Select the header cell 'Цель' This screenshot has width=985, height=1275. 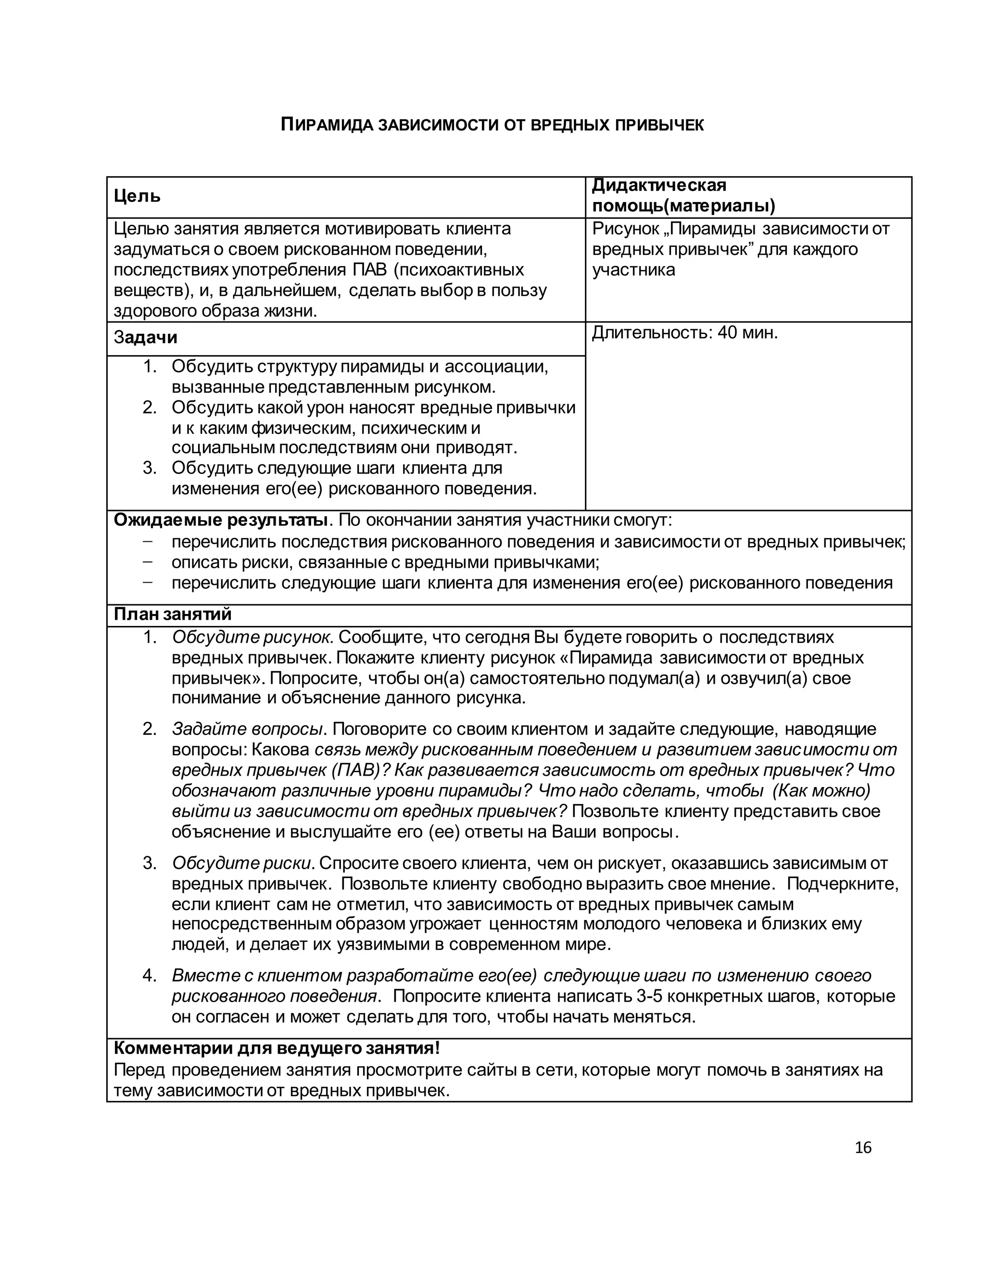point(137,196)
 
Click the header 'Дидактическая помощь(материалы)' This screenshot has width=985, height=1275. point(683,195)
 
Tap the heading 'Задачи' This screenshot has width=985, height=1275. point(145,337)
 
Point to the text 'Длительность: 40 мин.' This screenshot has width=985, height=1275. point(684,333)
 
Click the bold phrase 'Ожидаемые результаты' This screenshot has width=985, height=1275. point(221,520)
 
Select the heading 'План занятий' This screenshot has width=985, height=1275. point(172,614)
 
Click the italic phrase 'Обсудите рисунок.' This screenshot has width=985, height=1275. point(252,637)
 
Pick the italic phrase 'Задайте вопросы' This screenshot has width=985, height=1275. point(247,729)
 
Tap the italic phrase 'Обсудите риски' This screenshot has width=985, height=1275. point(243,863)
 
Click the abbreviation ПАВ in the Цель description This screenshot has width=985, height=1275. point(366,270)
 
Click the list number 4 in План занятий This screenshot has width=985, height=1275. point(150,976)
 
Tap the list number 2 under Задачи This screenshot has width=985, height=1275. point(150,408)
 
